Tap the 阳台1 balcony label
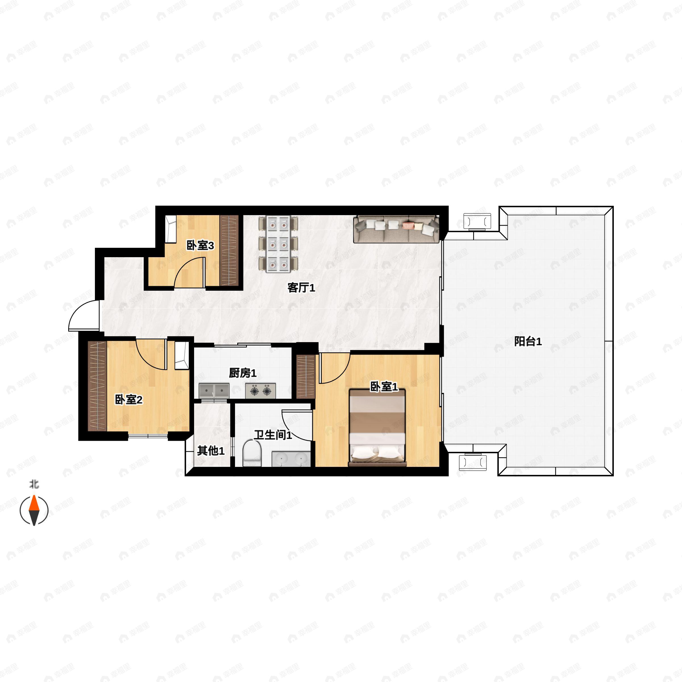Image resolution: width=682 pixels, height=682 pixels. tap(528, 341)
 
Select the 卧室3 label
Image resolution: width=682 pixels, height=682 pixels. tap(200, 245)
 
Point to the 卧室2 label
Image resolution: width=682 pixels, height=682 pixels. tap(129, 400)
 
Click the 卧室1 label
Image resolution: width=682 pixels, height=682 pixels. tap(384, 387)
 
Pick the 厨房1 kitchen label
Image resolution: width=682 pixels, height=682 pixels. tap(242, 373)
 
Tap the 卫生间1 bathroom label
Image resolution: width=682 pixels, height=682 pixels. tap(273, 435)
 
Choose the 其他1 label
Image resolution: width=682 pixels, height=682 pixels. tap(211, 450)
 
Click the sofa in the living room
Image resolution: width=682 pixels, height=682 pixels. tap(396, 229)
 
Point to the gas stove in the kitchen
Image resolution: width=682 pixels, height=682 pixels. tap(261, 391)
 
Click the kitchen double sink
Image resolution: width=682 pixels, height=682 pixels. tap(214, 391)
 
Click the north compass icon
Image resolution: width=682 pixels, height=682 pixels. tap(34, 510)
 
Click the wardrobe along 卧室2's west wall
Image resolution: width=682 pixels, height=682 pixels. tap(97, 386)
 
